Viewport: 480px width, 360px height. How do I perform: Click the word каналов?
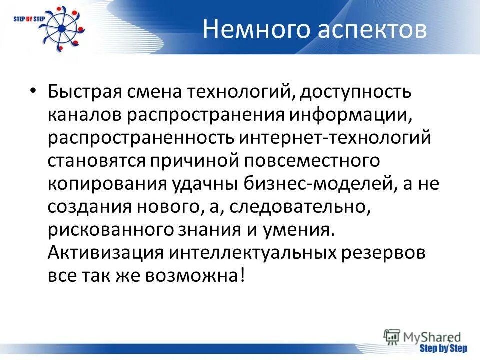[84, 115]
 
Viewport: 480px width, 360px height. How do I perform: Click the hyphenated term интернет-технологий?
[334, 138]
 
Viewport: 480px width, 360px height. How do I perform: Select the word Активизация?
[105, 253]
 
